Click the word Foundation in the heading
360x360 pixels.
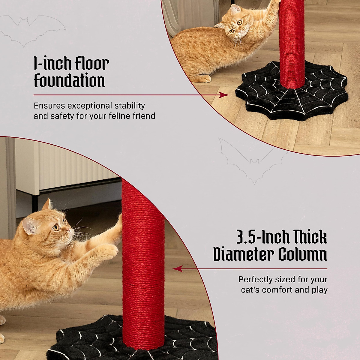pyautogui.click(x=69, y=81)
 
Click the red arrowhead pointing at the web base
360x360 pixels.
pyautogui.click(x=224, y=95)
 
